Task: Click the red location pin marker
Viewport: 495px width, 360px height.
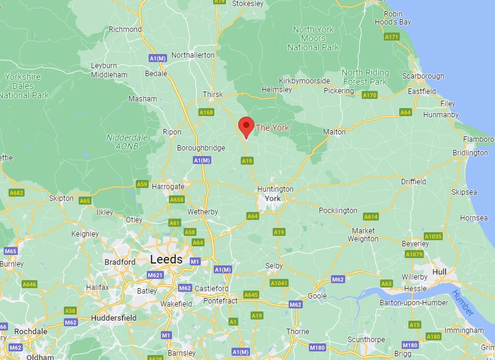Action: pos(246,127)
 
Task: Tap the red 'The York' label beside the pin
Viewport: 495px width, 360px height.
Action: pos(272,128)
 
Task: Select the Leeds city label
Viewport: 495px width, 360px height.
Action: pos(166,260)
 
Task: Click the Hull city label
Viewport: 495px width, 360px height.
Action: pos(439,271)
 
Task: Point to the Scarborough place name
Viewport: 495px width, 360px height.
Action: pos(423,76)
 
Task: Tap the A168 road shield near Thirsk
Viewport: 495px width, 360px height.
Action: pos(206,112)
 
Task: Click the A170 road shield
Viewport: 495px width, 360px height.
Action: pos(370,95)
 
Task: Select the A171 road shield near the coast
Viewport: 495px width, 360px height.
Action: pos(392,37)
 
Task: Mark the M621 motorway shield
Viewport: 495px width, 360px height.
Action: pos(156,275)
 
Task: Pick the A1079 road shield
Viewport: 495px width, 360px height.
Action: pos(414,254)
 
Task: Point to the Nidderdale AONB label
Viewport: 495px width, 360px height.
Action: pos(127,142)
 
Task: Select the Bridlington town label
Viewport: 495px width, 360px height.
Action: pos(470,152)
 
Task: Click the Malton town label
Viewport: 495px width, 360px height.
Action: pos(335,131)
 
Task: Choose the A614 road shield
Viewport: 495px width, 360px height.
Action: pos(371,217)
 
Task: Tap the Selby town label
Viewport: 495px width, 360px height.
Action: pos(274,266)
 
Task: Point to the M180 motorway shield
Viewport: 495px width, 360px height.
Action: pos(410,345)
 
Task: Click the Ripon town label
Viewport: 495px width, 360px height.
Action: pos(172,132)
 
